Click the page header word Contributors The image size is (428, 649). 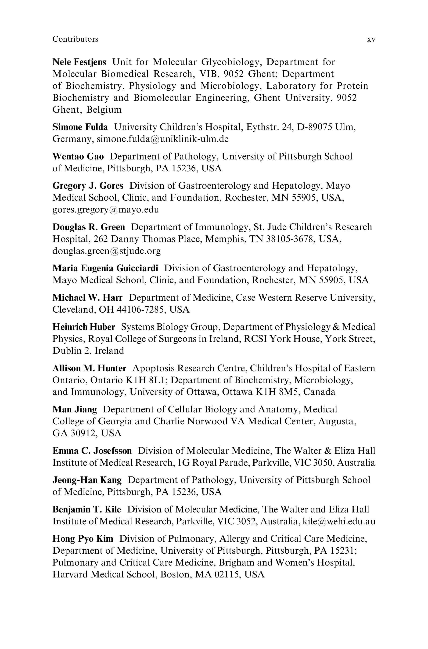[75, 39]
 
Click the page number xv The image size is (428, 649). [371, 39]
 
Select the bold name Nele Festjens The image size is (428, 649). [79, 62]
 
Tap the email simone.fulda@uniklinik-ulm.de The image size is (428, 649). [163, 139]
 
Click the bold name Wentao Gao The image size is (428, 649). [78, 156]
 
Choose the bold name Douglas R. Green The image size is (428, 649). [89, 227]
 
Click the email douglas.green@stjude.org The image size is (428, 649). [106, 251]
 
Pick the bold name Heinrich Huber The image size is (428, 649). [84, 327]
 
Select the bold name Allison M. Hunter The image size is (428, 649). [89, 368]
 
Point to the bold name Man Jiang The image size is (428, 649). [75, 409]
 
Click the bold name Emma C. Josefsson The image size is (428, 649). [92, 451]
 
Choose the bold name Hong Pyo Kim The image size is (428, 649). [83, 539]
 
